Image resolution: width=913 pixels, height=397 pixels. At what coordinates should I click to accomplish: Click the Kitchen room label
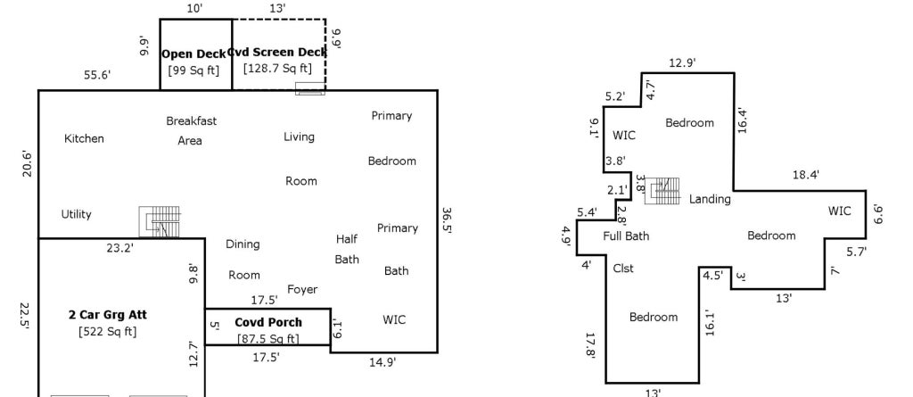coord(84,139)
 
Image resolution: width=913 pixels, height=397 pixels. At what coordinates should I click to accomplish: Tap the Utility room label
coord(77,214)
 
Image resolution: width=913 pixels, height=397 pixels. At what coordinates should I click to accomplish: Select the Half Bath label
coord(347,249)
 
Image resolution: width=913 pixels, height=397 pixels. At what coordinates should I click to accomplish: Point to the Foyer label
coord(302,290)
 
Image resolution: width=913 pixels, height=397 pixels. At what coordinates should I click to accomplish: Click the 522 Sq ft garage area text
coord(108,332)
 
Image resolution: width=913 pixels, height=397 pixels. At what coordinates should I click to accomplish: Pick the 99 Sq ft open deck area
coord(193,70)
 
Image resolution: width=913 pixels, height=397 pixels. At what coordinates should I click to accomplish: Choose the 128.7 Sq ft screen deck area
coord(278,68)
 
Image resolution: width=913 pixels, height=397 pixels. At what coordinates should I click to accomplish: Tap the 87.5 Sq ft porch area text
coord(267,339)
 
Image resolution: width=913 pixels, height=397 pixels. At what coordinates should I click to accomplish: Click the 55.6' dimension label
coord(97,75)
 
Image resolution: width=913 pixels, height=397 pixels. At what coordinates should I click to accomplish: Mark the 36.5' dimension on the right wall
coord(447,219)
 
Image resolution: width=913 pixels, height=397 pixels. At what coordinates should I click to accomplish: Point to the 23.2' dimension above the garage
coord(120,248)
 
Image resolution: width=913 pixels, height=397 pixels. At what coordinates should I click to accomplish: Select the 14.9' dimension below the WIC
coord(382,362)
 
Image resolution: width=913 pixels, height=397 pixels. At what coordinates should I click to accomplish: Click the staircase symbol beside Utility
coord(160,222)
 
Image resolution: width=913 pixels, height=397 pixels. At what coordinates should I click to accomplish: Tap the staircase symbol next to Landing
coord(664,191)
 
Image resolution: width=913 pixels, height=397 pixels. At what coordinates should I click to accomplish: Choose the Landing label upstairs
coord(710,199)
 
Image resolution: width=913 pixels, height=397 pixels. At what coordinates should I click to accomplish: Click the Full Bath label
coord(626,236)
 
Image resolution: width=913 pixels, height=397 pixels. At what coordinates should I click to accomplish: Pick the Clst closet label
coord(623,269)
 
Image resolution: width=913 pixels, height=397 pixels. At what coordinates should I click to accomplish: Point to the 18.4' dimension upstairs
coord(806,174)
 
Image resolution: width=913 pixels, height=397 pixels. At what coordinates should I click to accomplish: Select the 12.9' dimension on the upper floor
coord(682,63)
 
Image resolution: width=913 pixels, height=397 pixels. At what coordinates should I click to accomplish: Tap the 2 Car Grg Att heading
coord(108,316)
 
